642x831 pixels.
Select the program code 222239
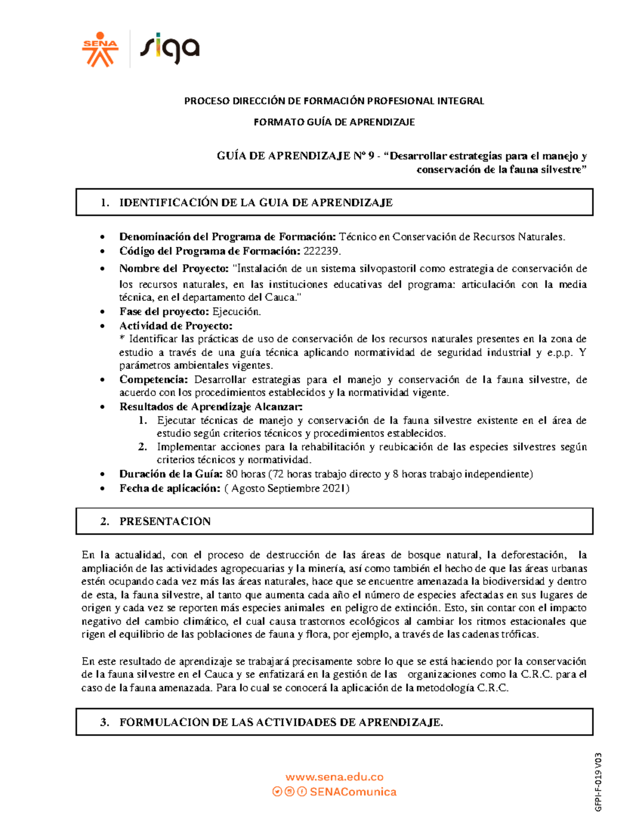[x=322, y=251]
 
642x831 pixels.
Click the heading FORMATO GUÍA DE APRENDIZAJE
[x=334, y=122]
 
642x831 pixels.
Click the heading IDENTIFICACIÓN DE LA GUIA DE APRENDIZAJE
[x=256, y=202]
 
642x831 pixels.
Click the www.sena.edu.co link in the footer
[x=334, y=777]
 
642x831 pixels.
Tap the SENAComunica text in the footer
[x=353, y=792]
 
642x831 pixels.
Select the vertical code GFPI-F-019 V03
[x=599, y=782]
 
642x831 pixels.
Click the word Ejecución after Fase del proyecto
[x=236, y=311]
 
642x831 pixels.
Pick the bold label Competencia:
[x=154, y=379]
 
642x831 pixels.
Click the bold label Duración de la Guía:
[x=171, y=474]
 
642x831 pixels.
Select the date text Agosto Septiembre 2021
[x=288, y=488]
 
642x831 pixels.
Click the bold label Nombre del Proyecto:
[x=174, y=268]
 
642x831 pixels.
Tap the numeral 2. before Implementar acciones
[x=142, y=446]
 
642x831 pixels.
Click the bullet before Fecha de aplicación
[x=103, y=489]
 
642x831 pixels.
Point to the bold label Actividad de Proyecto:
[x=175, y=325]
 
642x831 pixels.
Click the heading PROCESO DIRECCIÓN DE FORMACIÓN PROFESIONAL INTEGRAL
[x=334, y=101]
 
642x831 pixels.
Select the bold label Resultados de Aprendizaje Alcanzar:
[x=211, y=406]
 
